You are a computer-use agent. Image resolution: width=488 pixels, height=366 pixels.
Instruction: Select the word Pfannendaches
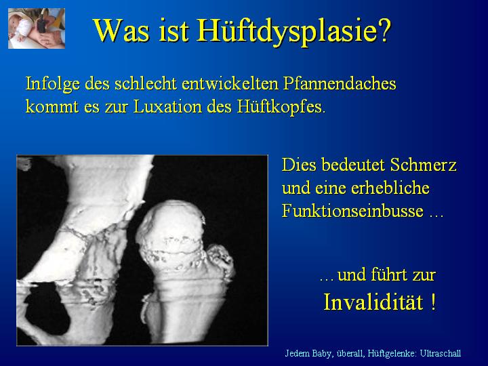tap(340, 84)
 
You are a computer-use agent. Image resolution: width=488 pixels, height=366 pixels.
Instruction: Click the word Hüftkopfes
tap(281, 107)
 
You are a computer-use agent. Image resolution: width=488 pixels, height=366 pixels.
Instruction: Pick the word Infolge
tap(53, 84)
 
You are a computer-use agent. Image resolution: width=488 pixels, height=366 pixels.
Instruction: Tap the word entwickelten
tap(230, 83)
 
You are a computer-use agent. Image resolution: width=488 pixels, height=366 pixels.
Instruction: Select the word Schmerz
tap(423, 164)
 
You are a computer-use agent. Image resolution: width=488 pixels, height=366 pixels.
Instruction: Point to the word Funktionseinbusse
tap(352, 211)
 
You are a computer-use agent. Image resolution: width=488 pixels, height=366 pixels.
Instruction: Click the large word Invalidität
tap(373, 302)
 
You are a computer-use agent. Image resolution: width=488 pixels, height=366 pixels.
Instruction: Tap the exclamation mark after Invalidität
tap(434, 302)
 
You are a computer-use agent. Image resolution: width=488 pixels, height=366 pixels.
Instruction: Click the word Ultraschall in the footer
tap(441, 354)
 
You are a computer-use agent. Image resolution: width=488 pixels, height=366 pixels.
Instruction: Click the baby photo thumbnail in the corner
tap(37, 28)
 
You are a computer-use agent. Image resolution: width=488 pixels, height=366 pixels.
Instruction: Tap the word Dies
tap(300, 164)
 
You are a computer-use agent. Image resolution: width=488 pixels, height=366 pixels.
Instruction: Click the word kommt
tap(52, 107)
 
